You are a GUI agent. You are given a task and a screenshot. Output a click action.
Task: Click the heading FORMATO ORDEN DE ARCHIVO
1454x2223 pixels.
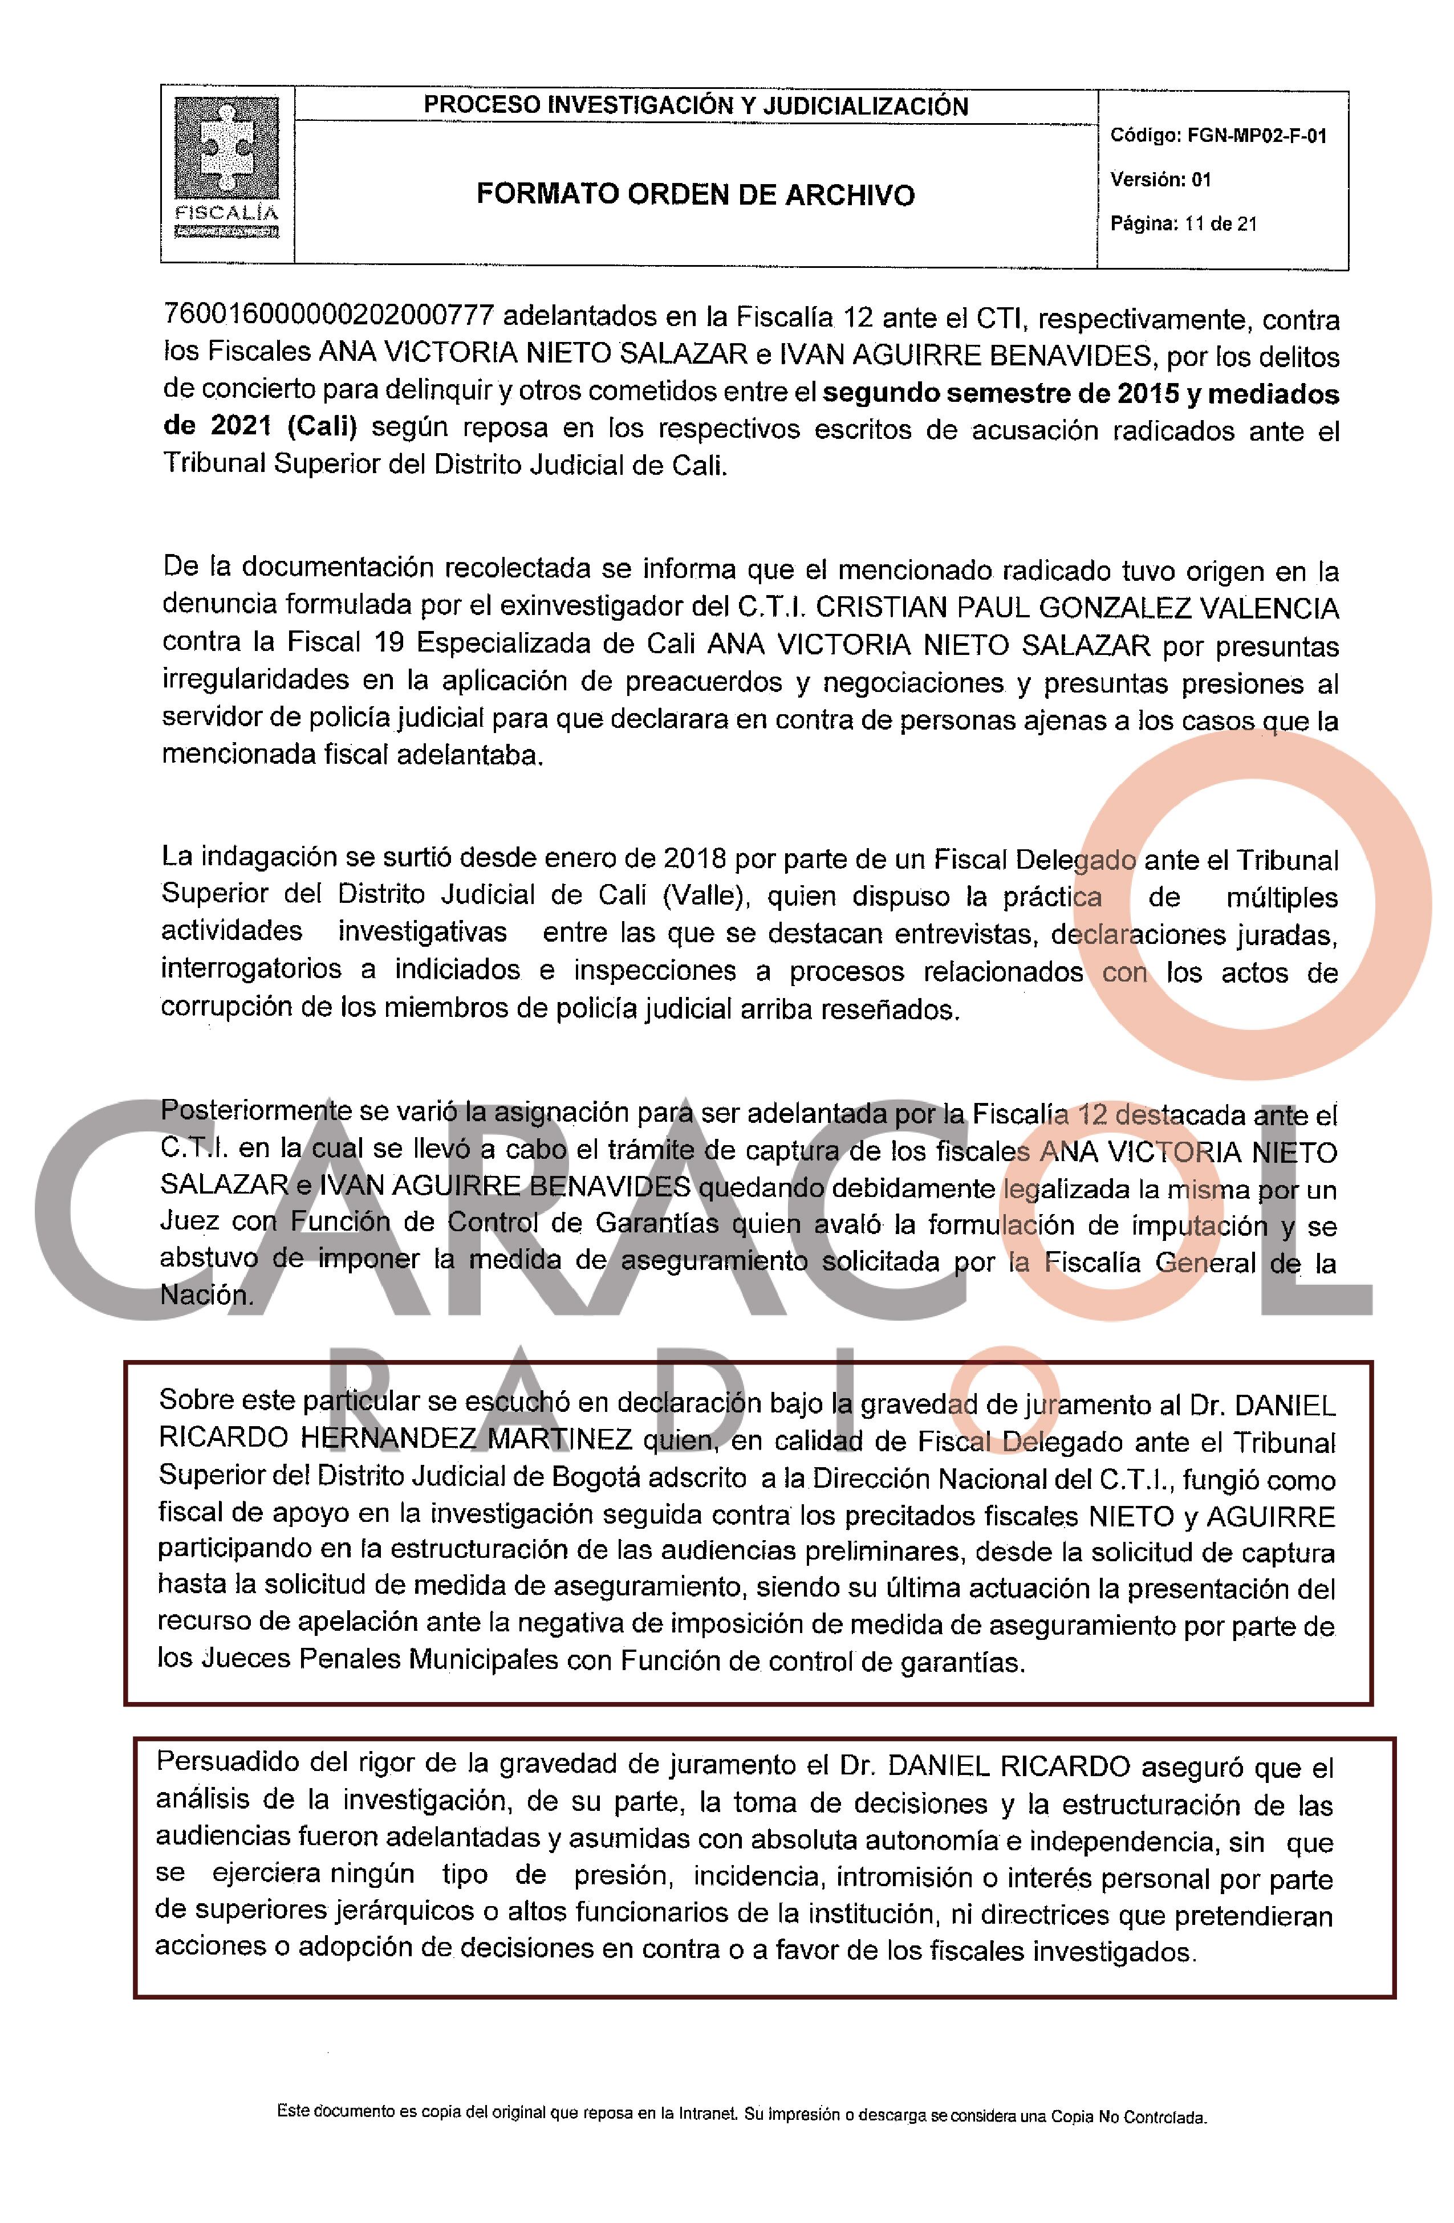(695, 194)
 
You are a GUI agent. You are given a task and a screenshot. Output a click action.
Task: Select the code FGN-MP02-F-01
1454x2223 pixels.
(1256, 136)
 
